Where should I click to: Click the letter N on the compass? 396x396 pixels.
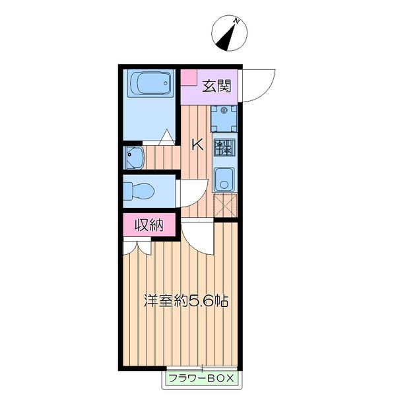coord(237,21)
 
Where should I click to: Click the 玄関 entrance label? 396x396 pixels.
coord(217,86)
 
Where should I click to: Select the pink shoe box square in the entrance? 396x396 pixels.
coord(189,77)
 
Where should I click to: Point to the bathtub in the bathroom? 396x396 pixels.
coord(151,83)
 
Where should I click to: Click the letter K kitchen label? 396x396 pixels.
coord(197,145)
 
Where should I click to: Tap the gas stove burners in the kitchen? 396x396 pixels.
coord(224,147)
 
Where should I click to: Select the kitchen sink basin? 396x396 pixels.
coord(224,180)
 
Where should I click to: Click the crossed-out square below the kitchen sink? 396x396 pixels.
coord(225,205)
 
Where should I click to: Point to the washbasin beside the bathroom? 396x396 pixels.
coord(135,158)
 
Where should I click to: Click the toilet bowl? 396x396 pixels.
coord(139,191)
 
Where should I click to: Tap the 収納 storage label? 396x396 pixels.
coord(149,224)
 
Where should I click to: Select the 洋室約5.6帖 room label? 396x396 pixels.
coord(186,300)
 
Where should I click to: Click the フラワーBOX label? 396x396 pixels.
coord(201,378)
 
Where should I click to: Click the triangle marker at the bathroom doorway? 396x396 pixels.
coord(167,137)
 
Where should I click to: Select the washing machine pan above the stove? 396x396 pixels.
coord(224,119)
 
